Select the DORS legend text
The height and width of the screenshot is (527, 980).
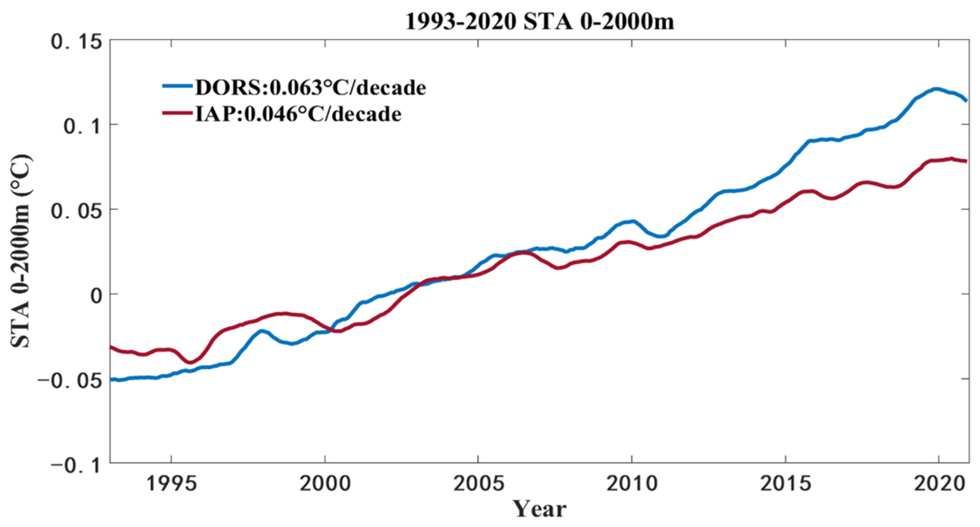tap(310, 88)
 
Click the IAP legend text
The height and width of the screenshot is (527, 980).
tap(298, 114)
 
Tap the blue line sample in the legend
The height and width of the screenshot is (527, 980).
tap(177, 86)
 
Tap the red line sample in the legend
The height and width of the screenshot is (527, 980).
tap(177, 113)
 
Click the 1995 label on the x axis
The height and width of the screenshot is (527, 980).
tap(171, 484)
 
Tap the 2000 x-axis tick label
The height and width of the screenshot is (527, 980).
tap(325, 484)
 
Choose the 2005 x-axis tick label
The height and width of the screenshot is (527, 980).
tap(478, 484)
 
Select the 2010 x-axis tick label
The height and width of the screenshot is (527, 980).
tap(632, 484)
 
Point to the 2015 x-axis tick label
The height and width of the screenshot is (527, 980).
tap(785, 484)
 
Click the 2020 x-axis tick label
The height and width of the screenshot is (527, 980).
tap(938, 484)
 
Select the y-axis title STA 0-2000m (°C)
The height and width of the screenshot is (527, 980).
tap(21, 251)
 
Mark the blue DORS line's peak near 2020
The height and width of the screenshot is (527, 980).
tap(936, 89)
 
